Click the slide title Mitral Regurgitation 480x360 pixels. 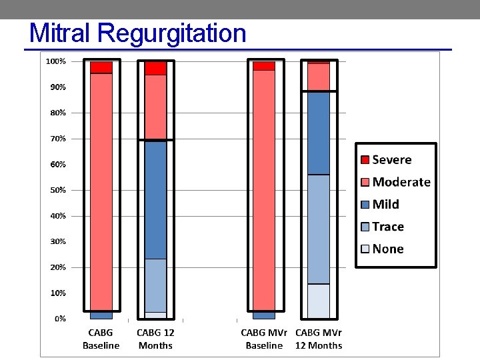[x=138, y=33]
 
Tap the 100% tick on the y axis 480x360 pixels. [x=55, y=61]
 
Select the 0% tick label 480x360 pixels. [x=60, y=319]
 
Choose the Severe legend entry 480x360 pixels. [x=391, y=159]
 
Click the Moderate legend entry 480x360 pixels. [x=401, y=182]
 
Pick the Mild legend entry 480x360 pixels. [x=385, y=204]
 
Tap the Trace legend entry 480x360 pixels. [x=387, y=227]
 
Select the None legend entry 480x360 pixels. [x=387, y=249]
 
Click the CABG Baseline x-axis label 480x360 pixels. [x=101, y=339]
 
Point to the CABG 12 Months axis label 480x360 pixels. [x=155, y=339]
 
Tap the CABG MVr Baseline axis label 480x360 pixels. [x=264, y=339]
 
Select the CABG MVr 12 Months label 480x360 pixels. [x=319, y=339]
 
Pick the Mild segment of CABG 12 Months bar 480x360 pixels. [x=156, y=199]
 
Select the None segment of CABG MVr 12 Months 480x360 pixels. [x=319, y=301]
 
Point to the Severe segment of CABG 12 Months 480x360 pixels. [x=156, y=68]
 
